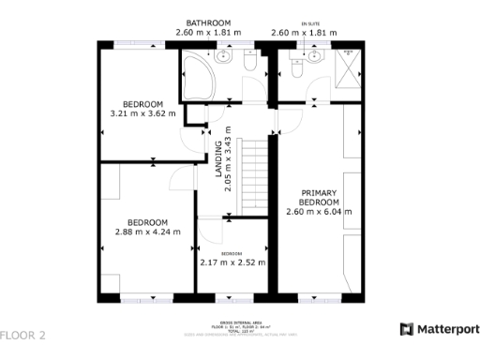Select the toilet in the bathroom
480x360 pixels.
click(x=249, y=62)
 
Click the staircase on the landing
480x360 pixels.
click(x=253, y=174)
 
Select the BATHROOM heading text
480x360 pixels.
click(x=208, y=22)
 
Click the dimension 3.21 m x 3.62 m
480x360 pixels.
click(x=143, y=114)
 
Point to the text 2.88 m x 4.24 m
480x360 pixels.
click(x=147, y=232)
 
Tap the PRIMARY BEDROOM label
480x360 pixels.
click(x=319, y=197)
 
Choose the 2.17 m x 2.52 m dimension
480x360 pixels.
click(x=232, y=262)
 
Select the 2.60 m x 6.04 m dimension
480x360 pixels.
click(x=319, y=212)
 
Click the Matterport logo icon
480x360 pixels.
click(x=406, y=329)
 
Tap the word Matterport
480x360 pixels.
click(x=447, y=329)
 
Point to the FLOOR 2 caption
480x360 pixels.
click(x=23, y=335)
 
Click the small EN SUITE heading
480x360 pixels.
click(x=309, y=22)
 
